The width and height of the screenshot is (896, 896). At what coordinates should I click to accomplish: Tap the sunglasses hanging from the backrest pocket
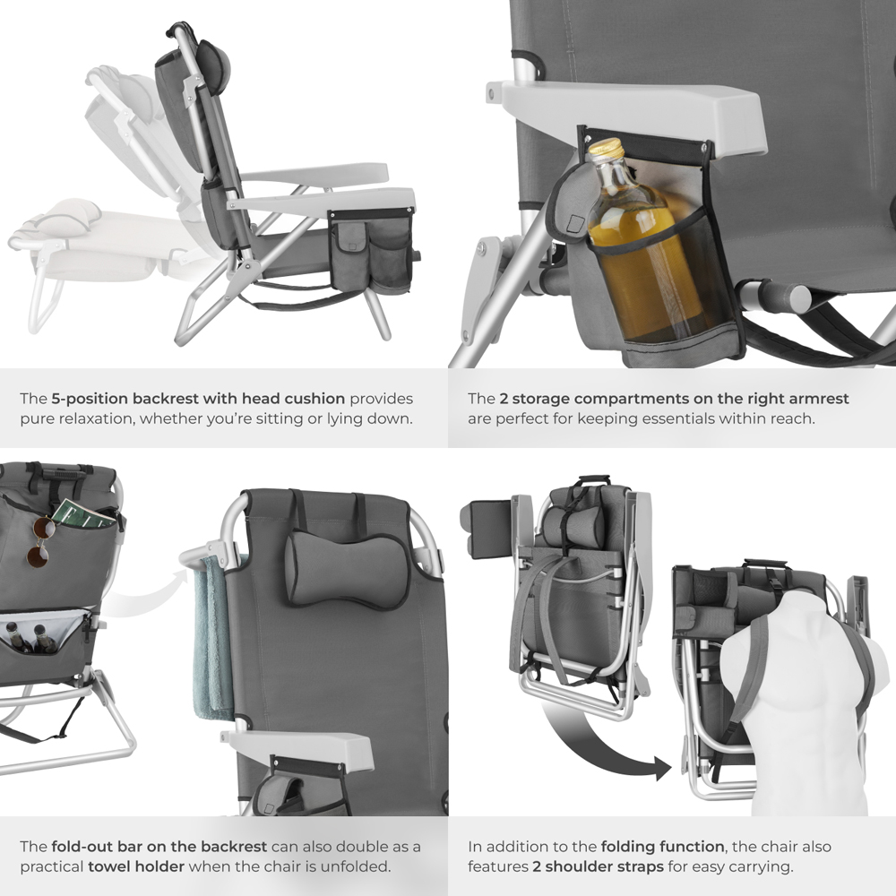(39, 542)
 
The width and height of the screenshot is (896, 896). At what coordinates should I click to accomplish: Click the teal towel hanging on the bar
(211, 636)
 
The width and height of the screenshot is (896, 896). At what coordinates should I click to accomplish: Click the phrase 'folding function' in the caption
(650, 846)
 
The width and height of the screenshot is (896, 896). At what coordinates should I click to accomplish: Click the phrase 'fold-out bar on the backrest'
(159, 846)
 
